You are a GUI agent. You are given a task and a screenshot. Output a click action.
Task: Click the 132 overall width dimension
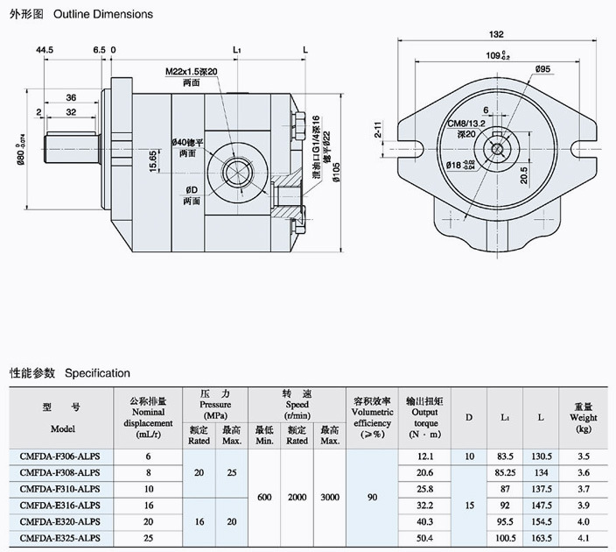coord(496,34)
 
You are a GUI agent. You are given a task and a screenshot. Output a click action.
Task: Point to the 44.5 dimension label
coord(45,51)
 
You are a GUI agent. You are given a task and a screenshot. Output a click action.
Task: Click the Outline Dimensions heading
coord(103,14)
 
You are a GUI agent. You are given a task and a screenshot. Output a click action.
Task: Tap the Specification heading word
coord(97,373)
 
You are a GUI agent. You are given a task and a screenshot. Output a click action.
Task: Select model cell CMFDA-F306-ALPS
coord(59,456)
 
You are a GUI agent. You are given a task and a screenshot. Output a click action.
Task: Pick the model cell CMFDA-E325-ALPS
coord(59,537)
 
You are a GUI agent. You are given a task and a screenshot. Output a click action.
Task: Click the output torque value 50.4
coord(425,537)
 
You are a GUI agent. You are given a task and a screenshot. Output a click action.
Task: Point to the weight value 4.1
coord(584,537)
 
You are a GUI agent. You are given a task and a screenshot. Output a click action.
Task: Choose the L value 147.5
coord(541,505)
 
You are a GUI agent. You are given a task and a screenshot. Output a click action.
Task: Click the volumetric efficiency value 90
coord(372,497)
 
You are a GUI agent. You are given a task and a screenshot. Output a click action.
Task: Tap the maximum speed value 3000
coord(329,497)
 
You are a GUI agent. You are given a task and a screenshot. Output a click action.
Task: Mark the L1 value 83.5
coord(505,456)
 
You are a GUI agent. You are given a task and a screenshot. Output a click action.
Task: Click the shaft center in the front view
coord(497,148)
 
